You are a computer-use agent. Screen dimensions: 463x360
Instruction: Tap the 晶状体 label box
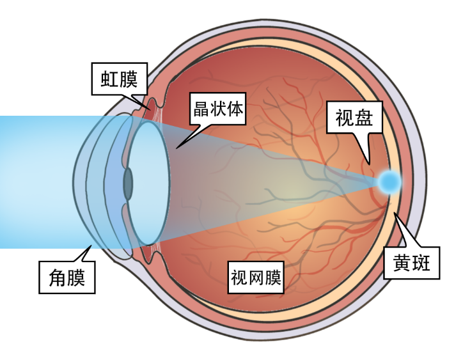[x=217, y=109]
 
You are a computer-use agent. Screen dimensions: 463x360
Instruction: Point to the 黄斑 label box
[x=412, y=263]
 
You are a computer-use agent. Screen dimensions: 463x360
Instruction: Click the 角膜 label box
[x=67, y=278]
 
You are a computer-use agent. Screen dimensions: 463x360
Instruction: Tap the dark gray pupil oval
[x=128, y=183]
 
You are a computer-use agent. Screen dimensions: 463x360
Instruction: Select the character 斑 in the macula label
[x=423, y=263]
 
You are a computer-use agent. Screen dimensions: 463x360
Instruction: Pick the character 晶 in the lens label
[x=200, y=109]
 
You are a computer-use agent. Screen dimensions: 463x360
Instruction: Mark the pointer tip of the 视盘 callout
[x=369, y=162]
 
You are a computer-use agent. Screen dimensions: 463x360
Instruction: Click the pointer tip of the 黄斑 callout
[x=395, y=216]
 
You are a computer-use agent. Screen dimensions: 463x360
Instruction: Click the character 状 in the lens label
[x=217, y=109]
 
